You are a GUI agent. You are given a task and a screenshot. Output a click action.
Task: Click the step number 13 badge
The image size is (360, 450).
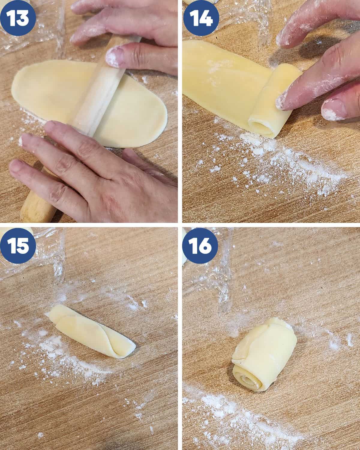point(18,18)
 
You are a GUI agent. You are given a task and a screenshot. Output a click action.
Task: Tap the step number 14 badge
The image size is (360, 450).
point(201,18)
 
